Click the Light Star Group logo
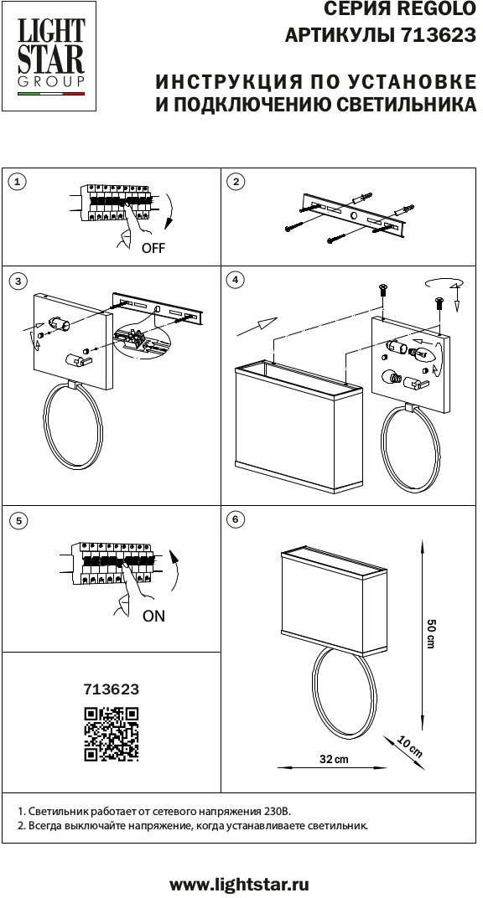[49, 55]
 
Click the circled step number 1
[18, 182]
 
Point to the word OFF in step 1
[153, 249]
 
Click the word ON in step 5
[153, 617]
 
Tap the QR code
[112, 735]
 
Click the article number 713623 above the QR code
[112, 689]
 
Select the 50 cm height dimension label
[432, 633]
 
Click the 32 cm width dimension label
[334, 760]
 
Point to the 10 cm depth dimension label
[410, 747]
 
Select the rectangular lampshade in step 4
[298, 426]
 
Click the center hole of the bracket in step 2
[354, 216]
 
